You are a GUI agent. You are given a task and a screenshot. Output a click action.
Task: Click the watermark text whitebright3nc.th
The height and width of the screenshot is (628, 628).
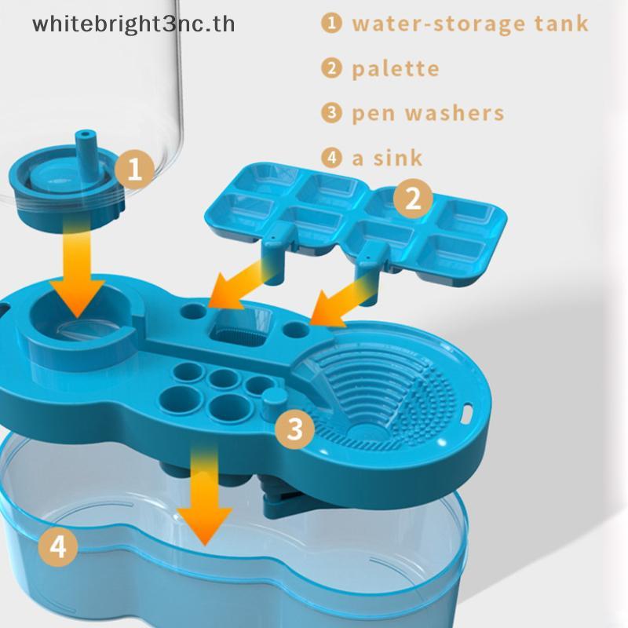point(133,25)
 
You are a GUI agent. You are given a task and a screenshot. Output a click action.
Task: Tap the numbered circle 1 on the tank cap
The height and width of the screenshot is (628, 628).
point(134,169)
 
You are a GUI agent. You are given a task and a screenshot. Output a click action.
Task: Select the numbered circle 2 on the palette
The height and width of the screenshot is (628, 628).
point(413,199)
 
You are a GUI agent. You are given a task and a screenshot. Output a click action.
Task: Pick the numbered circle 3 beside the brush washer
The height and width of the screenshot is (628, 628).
point(295,429)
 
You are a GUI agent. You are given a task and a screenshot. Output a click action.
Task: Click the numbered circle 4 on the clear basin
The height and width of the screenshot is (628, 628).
point(58,546)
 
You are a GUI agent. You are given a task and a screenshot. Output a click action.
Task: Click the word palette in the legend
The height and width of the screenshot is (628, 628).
point(396,69)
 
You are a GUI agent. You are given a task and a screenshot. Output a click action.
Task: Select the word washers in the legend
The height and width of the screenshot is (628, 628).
point(455,113)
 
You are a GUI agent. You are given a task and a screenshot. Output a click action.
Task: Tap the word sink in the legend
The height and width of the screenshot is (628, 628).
point(398,158)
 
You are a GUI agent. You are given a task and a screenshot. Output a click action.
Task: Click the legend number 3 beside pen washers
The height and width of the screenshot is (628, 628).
point(331,112)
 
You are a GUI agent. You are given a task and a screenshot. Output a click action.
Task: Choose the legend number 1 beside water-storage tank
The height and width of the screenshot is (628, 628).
point(331,23)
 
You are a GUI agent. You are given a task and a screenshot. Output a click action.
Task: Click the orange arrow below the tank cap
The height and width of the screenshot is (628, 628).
point(77,268)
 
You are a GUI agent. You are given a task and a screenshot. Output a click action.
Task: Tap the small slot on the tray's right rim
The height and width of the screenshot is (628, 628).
point(466,414)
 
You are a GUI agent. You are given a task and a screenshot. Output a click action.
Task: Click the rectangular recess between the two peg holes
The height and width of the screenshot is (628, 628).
point(240,327)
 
